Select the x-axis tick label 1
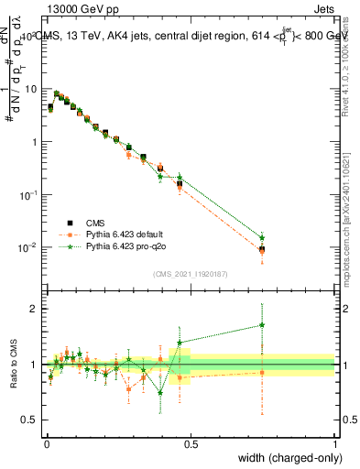[334, 442]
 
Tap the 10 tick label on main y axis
[31, 89]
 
